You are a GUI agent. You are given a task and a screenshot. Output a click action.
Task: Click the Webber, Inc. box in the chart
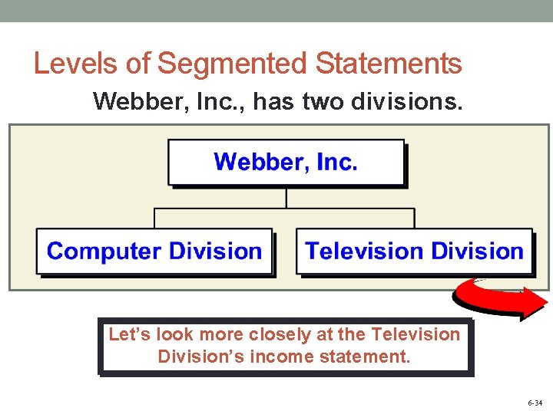(x=286, y=162)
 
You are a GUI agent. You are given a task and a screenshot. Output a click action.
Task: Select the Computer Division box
(x=154, y=251)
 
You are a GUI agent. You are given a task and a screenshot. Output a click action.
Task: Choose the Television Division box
(x=414, y=251)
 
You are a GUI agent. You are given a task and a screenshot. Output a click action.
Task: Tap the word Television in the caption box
(x=415, y=334)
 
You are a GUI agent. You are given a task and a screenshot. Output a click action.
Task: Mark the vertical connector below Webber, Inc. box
(x=286, y=197)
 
